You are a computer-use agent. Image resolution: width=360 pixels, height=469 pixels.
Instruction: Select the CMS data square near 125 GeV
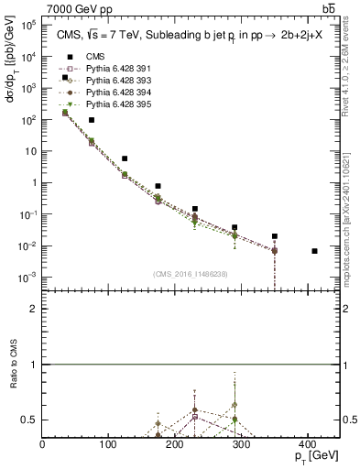point(125,158)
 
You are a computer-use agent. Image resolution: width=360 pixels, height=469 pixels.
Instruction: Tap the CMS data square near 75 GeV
point(92,120)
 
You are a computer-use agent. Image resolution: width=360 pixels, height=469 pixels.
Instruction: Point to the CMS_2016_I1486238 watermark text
point(192,274)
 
